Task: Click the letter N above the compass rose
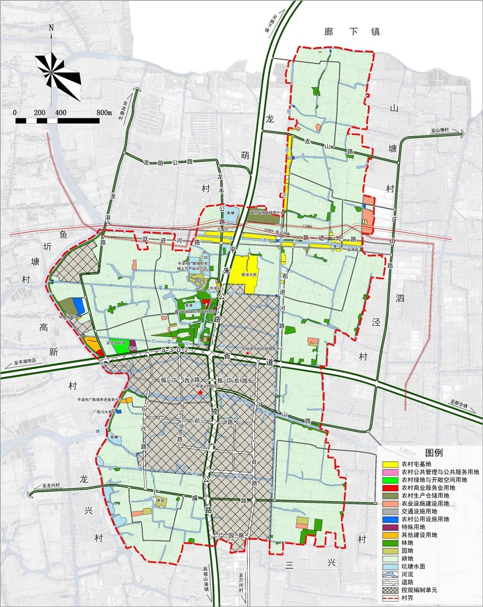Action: (x=51, y=28)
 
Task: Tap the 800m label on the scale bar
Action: (x=104, y=113)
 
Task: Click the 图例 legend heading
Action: (x=434, y=453)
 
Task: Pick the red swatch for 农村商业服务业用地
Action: (x=389, y=488)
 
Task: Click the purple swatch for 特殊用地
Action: (x=389, y=527)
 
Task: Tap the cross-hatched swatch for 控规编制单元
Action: (x=389, y=590)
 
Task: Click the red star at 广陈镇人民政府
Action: (x=200, y=393)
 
